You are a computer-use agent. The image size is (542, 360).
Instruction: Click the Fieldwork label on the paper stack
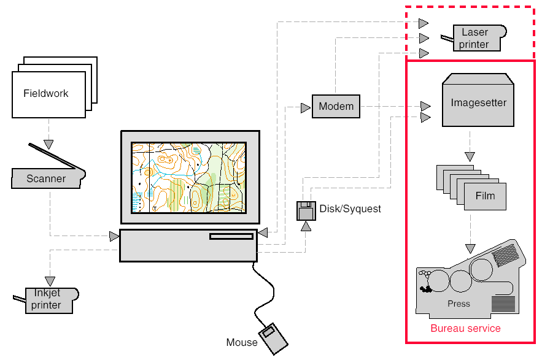pos(46,94)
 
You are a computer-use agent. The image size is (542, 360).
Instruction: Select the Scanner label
pos(46,179)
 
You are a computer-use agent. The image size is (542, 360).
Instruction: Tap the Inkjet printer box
pos(47,300)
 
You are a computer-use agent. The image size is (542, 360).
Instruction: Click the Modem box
pos(336,107)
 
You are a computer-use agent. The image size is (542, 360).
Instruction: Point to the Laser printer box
pos(475,38)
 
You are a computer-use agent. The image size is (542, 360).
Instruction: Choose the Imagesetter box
pos(479,102)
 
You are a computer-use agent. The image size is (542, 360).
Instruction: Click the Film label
pos(485,197)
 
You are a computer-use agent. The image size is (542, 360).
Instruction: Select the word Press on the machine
pos(459,304)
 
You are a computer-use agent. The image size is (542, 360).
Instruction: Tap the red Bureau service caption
pos(465,329)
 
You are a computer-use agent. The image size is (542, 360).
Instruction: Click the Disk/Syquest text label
pos(350,209)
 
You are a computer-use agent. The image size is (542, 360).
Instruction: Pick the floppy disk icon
pos(306,210)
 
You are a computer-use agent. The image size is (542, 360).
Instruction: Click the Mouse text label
pos(242,342)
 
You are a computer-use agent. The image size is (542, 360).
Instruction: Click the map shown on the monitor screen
pos(189,178)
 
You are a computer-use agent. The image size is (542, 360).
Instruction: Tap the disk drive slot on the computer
pos(231,237)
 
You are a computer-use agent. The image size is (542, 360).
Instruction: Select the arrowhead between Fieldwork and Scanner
pos(48,144)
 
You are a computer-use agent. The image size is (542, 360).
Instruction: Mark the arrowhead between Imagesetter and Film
pos(470,156)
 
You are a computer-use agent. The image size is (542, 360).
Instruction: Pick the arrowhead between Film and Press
pos(470,248)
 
